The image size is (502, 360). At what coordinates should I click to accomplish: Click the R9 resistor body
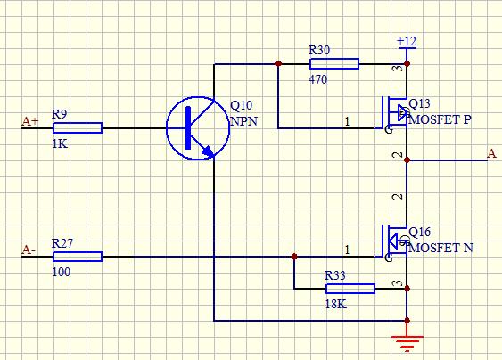78,127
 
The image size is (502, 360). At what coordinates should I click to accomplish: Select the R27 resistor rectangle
78,257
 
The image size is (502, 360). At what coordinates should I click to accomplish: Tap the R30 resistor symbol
334,63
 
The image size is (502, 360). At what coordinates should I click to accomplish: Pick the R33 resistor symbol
350,289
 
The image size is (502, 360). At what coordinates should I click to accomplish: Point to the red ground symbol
407,343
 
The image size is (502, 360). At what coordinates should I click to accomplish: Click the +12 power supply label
407,41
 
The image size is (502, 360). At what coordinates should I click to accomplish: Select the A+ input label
30,121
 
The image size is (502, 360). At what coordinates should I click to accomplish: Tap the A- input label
29,250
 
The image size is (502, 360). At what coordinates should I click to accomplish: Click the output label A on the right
492,153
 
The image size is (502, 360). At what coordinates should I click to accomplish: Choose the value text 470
318,79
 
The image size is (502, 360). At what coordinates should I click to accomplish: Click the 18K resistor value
336,304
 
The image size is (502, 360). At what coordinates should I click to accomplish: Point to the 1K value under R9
60,144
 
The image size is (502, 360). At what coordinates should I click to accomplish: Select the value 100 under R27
62,272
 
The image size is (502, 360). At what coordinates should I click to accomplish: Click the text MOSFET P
440,119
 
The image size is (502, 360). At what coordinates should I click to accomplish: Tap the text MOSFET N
440,248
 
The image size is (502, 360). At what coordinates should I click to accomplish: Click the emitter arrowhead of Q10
208,151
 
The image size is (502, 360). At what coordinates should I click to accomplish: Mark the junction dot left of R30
278,63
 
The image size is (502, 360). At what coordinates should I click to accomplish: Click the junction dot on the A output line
407,160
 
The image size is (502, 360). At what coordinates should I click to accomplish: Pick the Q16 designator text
420,232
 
